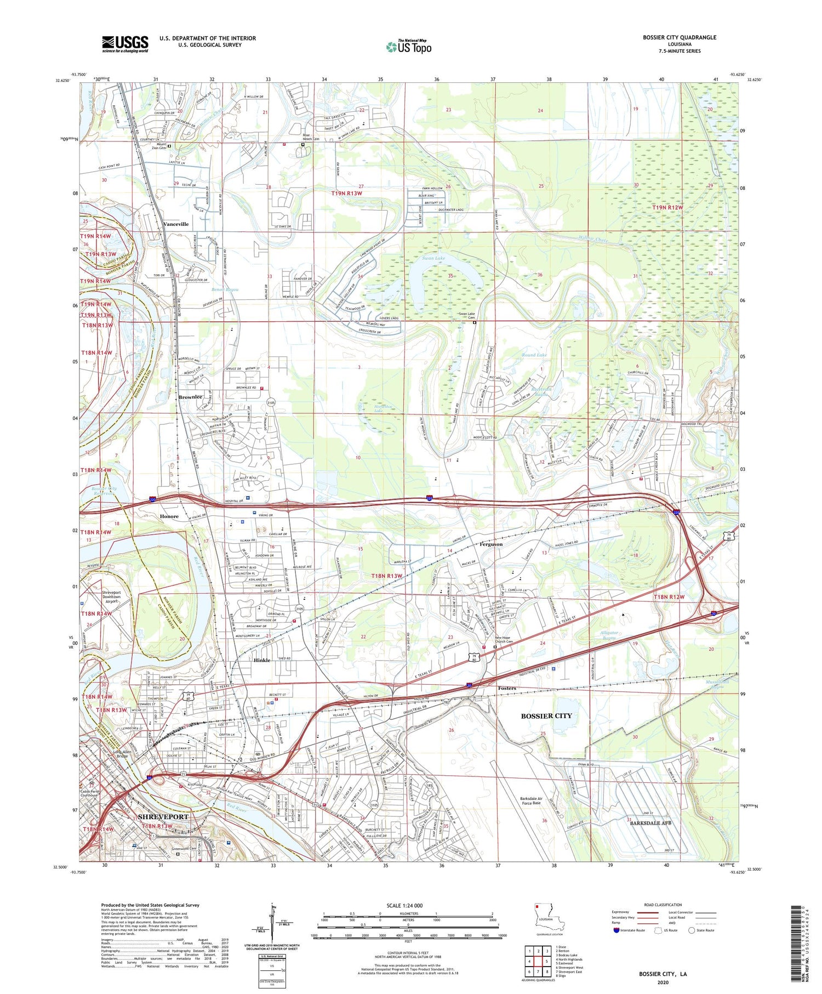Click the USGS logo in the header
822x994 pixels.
coord(125,44)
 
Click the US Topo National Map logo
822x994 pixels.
coord(408,47)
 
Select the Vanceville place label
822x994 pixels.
coord(175,224)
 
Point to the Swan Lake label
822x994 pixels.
coord(433,258)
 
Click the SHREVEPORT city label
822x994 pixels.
coord(163,816)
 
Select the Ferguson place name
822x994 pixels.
coord(491,544)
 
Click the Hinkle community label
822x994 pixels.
coord(262,660)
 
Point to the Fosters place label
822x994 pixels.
coord(506,688)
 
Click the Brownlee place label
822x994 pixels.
coord(190,397)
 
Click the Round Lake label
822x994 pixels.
coord(534,355)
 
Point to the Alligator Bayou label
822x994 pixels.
coord(606,635)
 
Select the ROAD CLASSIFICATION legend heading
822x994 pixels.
coord(663,905)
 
